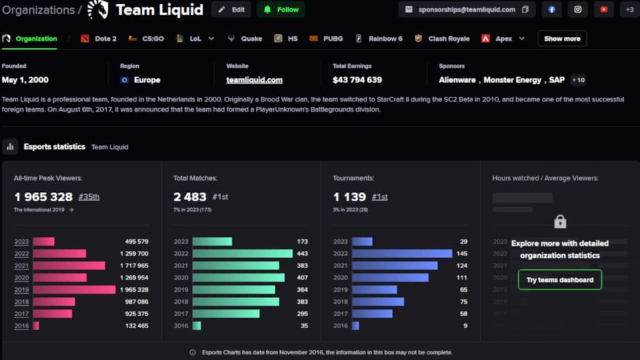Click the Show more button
(x=562, y=39)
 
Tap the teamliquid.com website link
(x=254, y=80)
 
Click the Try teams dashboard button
(x=559, y=279)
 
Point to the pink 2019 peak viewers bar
(x=74, y=290)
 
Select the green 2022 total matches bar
(x=242, y=254)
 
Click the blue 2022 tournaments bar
(x=401, y=254)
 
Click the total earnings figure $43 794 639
(x=357, y=80)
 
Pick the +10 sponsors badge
(x=578, y=80)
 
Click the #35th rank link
(x=89, y=197)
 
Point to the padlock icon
(x=560, y=221)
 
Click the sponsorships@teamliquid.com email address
(x=466, y=9)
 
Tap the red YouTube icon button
(x=603, y=9)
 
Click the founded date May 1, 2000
(x=25, y=80)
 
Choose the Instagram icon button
(x=577, y=9)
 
